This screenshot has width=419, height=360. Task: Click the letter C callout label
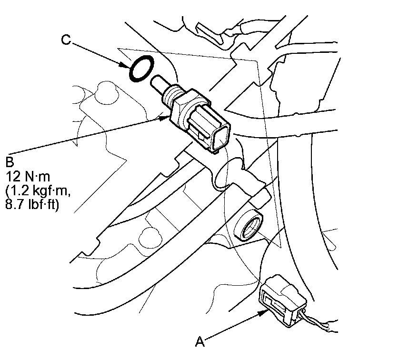pos(66,40)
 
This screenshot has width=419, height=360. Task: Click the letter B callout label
pos(10,162)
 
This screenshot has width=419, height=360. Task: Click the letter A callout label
pos(200,341)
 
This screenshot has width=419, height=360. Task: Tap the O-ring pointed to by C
pos(141,69)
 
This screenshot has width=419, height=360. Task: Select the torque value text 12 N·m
pos(28,177)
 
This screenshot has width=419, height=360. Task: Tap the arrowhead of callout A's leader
pos(263,313)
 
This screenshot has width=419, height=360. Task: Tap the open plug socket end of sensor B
pos(220,138)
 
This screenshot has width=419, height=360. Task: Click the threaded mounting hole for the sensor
pos(249,225)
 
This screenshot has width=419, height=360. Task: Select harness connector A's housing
pos(282,300)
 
